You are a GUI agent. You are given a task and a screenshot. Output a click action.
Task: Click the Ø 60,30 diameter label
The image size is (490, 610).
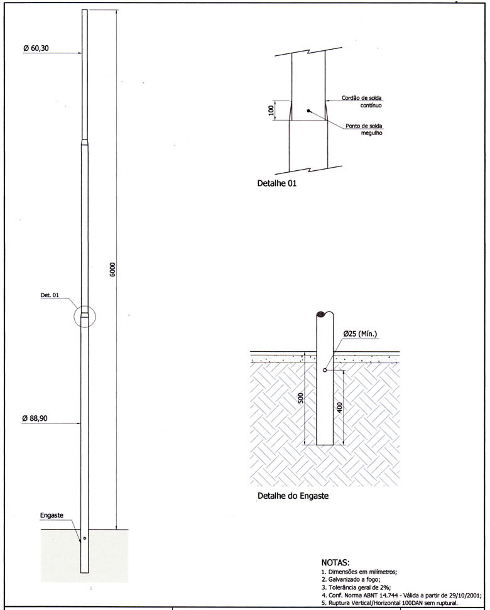point(36,48)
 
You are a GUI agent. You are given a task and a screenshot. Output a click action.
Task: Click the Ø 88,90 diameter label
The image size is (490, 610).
point(36,418)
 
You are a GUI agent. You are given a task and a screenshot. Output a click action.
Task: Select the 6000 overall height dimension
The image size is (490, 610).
point(112,270)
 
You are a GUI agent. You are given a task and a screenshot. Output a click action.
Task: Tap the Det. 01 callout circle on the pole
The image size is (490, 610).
point(85,315)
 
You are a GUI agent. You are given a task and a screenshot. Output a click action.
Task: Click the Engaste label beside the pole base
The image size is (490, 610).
point(52,515)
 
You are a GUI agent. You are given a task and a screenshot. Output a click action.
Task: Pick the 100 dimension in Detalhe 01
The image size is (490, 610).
point(271,110)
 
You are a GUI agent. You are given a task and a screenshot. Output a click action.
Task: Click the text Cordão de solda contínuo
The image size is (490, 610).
point(362,102)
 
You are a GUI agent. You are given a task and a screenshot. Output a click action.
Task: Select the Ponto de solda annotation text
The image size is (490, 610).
point(364,129)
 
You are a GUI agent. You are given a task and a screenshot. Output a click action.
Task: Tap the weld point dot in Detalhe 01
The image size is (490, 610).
point(308,111)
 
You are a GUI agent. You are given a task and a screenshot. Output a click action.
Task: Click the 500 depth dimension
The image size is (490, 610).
point(300,398)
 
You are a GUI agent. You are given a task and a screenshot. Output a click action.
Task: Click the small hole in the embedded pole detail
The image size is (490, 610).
point(324,370)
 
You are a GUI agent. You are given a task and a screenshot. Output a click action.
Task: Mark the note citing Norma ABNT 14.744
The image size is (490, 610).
point(401,594)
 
